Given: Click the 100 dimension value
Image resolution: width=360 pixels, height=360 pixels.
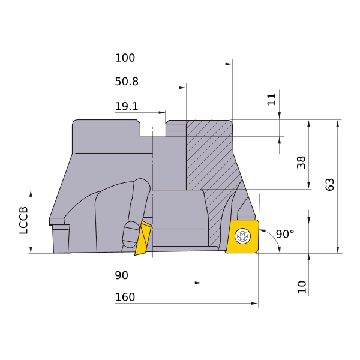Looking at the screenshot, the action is tap(125, 58).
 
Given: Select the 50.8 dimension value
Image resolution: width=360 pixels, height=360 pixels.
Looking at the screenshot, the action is tap(127, 82).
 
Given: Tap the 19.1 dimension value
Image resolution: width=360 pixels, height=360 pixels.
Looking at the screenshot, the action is tap(127, 106).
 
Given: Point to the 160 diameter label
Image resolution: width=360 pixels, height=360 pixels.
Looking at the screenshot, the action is tap(125, 297).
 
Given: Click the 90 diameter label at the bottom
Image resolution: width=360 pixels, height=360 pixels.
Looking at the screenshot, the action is tap(121, 275).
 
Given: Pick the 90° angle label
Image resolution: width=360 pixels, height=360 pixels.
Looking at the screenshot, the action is tap(285, 234).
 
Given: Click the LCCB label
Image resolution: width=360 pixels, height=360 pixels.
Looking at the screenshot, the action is tap(23, 220).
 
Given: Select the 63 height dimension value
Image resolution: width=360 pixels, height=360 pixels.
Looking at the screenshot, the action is tap(329, 184).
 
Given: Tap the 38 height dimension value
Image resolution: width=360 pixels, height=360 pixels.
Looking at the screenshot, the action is tap(301, 163).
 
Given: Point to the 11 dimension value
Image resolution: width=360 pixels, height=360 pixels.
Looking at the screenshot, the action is tap(271, 99).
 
